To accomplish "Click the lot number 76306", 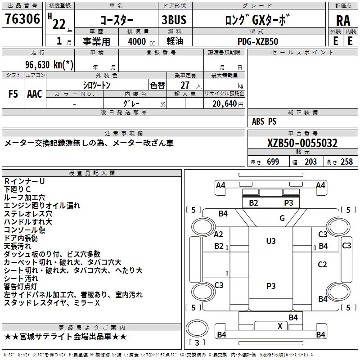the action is click(22, 19).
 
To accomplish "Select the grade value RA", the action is click(343, 20).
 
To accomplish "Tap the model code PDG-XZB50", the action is click(258, 41).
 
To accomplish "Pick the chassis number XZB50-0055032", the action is click(302, 144).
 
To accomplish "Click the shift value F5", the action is click(13, 94).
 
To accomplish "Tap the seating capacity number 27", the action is click(185, 85).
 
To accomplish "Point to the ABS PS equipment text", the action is click(264, 121).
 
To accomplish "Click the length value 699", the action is click(273, 162).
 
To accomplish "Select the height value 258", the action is click(346, 162).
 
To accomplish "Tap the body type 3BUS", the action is click(174, 20).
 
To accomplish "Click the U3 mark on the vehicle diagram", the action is click(270, 241).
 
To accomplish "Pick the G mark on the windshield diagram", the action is click(282, 219).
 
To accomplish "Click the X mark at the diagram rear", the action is click(280, 326).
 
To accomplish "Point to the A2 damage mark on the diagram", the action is click(219, 234).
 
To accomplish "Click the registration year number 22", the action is click(59, 23).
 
